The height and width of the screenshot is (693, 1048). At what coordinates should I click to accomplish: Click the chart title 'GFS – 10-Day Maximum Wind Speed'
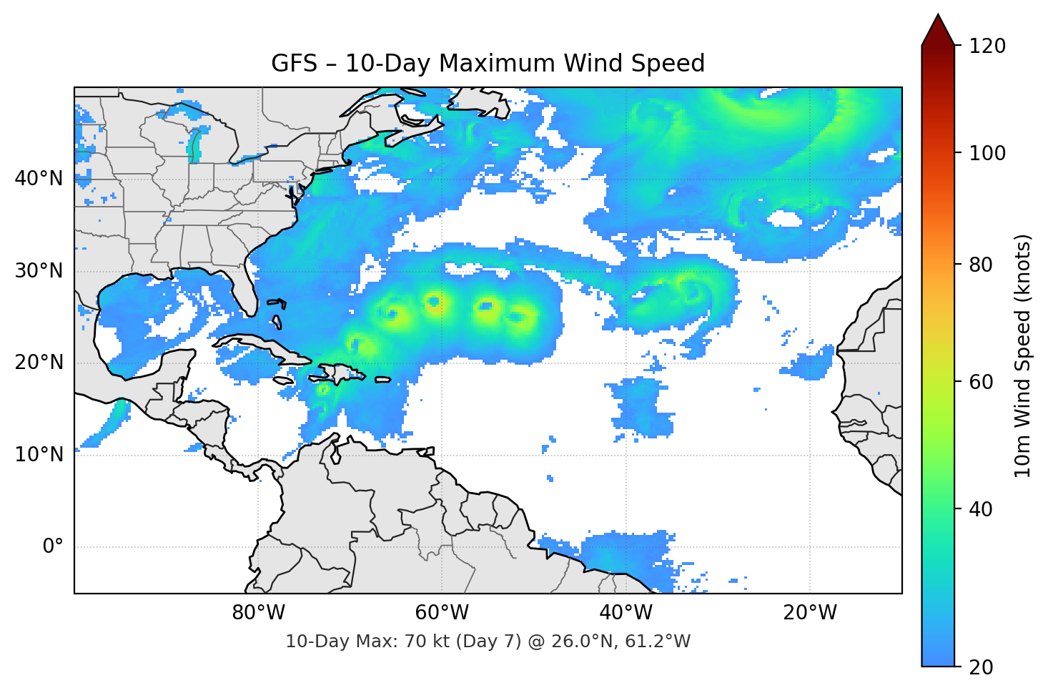[488, 64]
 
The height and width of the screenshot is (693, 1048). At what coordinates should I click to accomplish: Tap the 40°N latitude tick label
[39, 179]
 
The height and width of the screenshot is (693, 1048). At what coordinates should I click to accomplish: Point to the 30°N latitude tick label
[39, 271]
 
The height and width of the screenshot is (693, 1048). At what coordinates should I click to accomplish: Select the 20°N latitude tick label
[39, 363]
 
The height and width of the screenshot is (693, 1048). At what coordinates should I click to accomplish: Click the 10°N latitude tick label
[39, 455]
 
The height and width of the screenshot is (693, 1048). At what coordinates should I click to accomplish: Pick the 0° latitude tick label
[53, 547]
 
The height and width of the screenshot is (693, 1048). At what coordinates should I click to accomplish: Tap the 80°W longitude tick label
[258, 613]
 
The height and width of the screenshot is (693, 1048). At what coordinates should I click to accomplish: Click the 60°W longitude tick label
[442, 613]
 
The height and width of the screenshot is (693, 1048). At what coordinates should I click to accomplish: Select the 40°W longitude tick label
[626, 613]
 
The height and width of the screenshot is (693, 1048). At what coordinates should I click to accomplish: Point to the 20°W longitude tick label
[809, 613]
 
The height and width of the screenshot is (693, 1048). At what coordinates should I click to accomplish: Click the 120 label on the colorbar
[987, 46]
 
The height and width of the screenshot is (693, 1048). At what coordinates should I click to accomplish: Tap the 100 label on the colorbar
[987, 153]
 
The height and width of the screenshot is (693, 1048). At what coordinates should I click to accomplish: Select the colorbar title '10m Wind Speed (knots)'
[1023, 355]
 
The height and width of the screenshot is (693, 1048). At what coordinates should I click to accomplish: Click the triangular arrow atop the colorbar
[938, 30]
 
